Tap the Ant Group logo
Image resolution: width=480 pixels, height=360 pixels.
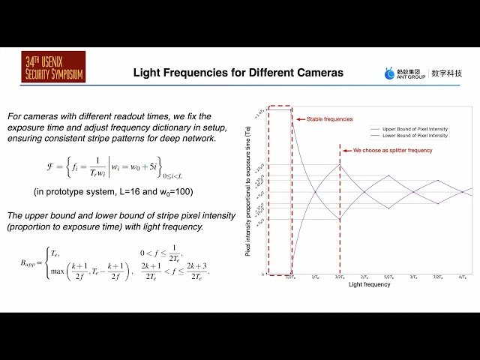[x=406, y=73]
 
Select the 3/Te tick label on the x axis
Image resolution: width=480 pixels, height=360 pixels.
[x=413, y=277]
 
